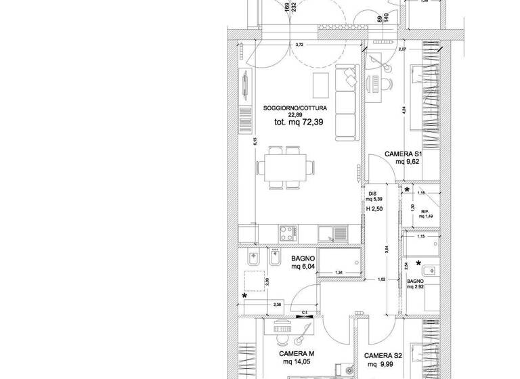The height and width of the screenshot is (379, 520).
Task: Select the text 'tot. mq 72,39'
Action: point(298,122)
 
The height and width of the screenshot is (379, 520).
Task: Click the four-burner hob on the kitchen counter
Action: point(286,233)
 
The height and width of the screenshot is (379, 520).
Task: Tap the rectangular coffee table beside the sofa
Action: point(319,86)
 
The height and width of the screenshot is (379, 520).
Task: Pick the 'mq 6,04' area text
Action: point(305,267)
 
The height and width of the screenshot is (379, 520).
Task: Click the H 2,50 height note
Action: point(374,209)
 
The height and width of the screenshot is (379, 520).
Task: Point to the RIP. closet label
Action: point(425,212)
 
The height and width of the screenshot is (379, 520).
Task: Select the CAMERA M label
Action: point(297,354)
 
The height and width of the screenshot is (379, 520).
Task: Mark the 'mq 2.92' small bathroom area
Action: point(415,287)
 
